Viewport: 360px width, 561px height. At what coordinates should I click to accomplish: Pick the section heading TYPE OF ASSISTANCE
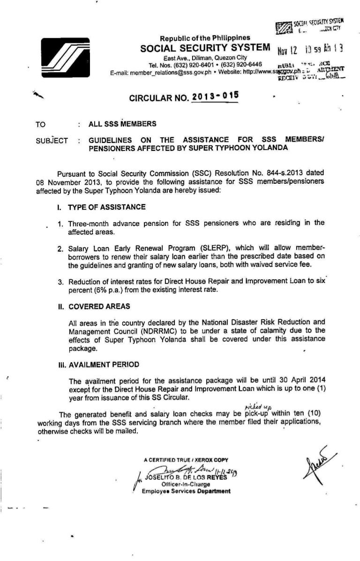click(x=106, y=207)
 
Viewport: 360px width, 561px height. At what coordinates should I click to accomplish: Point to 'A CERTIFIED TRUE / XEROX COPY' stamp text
click(x=186, y=460)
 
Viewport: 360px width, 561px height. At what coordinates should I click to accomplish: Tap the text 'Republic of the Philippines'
click(x=205, y=37)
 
